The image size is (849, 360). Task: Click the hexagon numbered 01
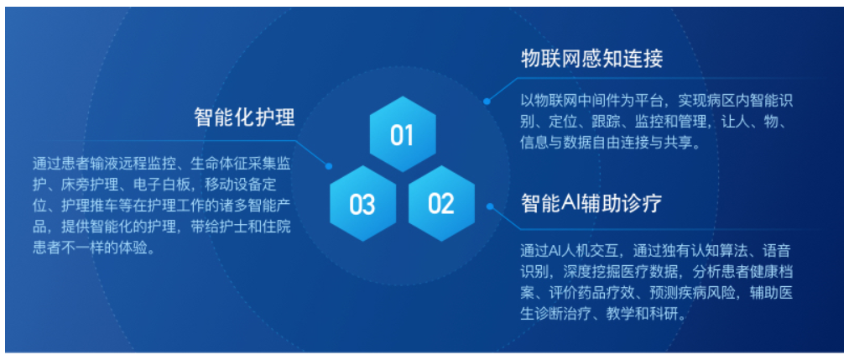(402, 134)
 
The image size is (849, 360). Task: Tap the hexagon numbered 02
(441, 204)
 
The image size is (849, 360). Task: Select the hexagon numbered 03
(362, 204)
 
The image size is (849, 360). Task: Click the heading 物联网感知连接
(591, 59)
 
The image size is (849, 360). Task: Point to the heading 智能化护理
(244, 117)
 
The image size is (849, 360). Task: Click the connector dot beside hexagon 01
(487, 101)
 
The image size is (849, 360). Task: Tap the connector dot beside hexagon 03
(328, 166)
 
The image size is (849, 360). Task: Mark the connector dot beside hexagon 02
(490, 206)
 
